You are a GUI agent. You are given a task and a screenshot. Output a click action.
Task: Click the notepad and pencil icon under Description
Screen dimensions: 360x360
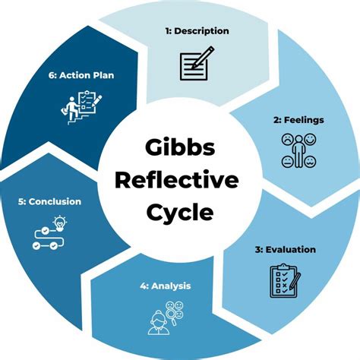coord(195,64)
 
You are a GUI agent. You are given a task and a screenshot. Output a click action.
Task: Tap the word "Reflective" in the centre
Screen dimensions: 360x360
coord(179,180)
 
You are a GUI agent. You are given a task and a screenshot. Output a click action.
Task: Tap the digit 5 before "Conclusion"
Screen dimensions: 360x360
coord(21,202)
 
